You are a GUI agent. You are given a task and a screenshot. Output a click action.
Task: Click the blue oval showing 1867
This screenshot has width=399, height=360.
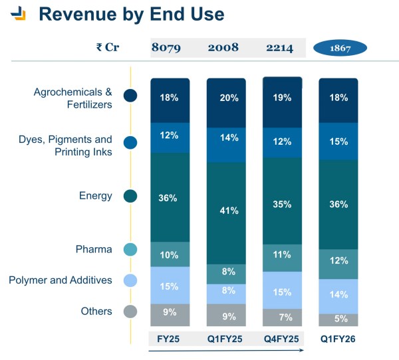pyautogui.click(x=340, y=48)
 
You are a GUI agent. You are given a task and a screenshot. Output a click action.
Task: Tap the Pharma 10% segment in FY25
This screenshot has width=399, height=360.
pyautogui.click(x=170, y=254)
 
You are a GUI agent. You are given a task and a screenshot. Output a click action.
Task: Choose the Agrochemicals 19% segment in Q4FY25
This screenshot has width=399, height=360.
pyautogui.click(x=282, y=98)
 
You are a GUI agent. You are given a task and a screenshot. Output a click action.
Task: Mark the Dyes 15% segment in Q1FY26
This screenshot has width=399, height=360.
pyautogui.click(x=339, y=141)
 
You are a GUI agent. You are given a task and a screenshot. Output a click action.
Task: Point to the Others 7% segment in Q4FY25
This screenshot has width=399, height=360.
pyautogui.click(x=282, y=317)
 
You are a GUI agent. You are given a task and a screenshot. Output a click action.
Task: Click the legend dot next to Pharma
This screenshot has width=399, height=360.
pyautogui.click(x=130, y=250)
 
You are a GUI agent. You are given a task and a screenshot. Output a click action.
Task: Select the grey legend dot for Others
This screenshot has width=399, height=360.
pyautogui.click(x=130, y=312)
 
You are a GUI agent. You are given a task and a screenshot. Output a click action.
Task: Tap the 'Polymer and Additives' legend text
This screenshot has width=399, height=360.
pyautogui.click(x=61, y=280)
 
